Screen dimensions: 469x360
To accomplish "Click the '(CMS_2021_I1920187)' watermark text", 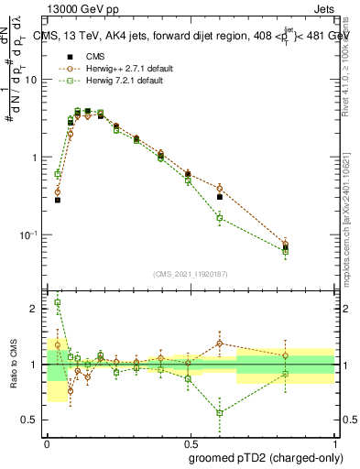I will [x=190, y=273].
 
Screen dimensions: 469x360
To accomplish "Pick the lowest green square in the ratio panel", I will [x=220, y=412].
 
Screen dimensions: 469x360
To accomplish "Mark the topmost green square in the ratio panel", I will [x=58, y=302].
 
